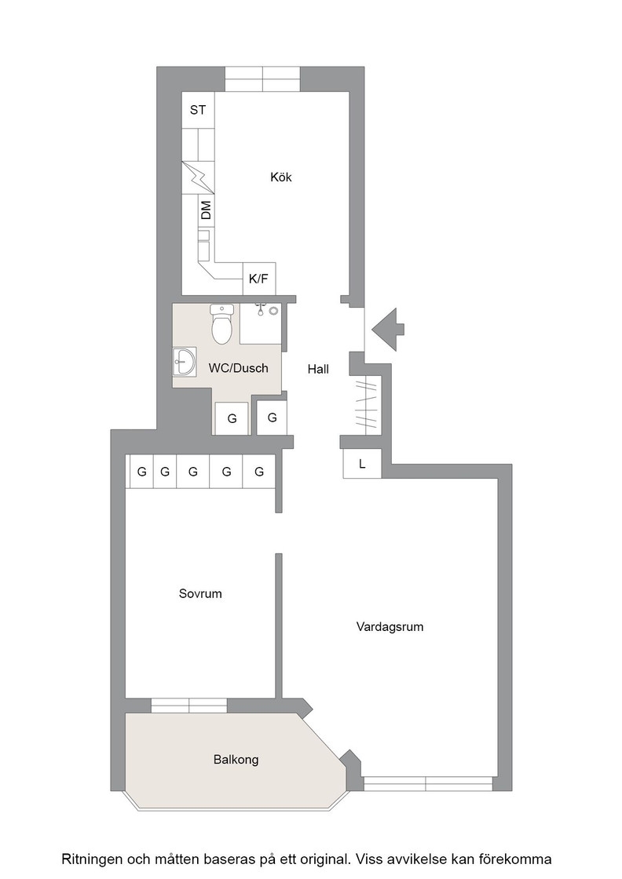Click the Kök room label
coord(281,177)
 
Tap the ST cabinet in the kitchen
coord(198,110)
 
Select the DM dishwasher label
coord(207,210)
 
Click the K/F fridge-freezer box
coord(258,279)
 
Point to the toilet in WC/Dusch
coord(222,324)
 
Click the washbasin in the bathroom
coord(184,362)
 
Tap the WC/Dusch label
coord(239,368)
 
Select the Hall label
coord(318,370)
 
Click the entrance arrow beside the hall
coord(387,330)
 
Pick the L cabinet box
coord(362,464)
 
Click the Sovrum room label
coord(200,593)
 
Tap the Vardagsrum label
coord(390,627)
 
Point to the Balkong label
coord(236,760)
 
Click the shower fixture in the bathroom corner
coord(266,309)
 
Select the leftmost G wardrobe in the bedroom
coord(142,472)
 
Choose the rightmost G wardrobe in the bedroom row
coord(259,472)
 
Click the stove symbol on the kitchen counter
coord(199,177)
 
